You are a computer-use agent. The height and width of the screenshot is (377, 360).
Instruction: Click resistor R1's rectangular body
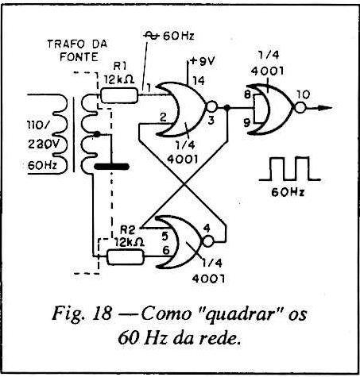click(x=120, y=95)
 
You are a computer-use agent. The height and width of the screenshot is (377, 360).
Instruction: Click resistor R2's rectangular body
click(x=126, y=257)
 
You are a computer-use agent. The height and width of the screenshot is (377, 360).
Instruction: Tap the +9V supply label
click(x=202, y=61)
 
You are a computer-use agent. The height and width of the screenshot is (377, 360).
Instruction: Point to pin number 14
click(x=199, y=80)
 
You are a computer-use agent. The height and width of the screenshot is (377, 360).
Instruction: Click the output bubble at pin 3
click(x=212, y=106)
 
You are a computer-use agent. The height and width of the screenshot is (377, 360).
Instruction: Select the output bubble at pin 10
click(x=300, y=108)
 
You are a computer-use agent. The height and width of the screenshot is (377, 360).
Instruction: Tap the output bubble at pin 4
click(x=208, y=241)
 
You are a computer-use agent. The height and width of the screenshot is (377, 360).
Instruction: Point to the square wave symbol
click(x=289, y=168)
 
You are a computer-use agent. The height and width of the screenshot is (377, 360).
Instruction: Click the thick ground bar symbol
click(x=112, y=167)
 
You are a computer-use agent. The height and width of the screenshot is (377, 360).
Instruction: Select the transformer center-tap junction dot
click(x=97, y=134)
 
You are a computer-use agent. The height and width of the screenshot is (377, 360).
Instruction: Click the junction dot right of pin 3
click(x=227, y=107)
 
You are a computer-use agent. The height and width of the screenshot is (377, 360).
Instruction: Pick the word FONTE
click(x=79, y=57)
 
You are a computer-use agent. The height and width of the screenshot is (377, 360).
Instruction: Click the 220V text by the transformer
click(x=44, y=144)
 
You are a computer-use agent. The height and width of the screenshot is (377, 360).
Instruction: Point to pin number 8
click(x=247, y=94)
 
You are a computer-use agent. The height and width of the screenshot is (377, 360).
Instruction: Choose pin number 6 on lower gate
click(x=166, y=250)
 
